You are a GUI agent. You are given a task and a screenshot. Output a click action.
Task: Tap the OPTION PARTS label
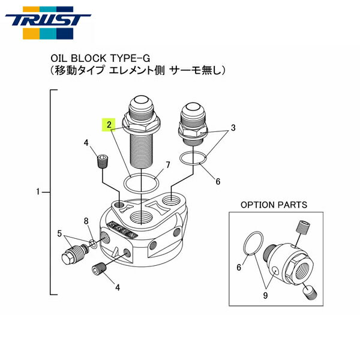(x=274, y=205)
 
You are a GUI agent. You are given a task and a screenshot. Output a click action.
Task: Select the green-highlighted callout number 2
(x=109, y=125)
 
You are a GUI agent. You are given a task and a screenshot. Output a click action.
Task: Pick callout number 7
(x=168, y=164)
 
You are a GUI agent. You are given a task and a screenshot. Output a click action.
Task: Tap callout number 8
(x=86, y=221)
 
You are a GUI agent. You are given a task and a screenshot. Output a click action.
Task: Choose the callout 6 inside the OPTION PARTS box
(x=238, y=268)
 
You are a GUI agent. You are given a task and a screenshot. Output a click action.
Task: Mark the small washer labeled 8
(x=92, y=243)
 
